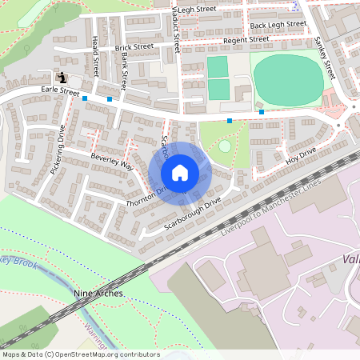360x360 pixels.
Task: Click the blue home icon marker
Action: pyautogui.click(x=180, y=172)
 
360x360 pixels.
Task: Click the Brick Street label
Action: pyautogui.click(x=133, y=48)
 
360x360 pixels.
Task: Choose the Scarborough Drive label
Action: pyautogui.click(x=191, y=214)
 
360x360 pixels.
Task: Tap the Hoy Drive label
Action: pyautogui.click(x=302, y=156)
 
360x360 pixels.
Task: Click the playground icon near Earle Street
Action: pyautogui.click(x=62, y=78)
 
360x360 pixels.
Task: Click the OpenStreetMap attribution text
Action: pyautogui.click(x=81, y=354)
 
